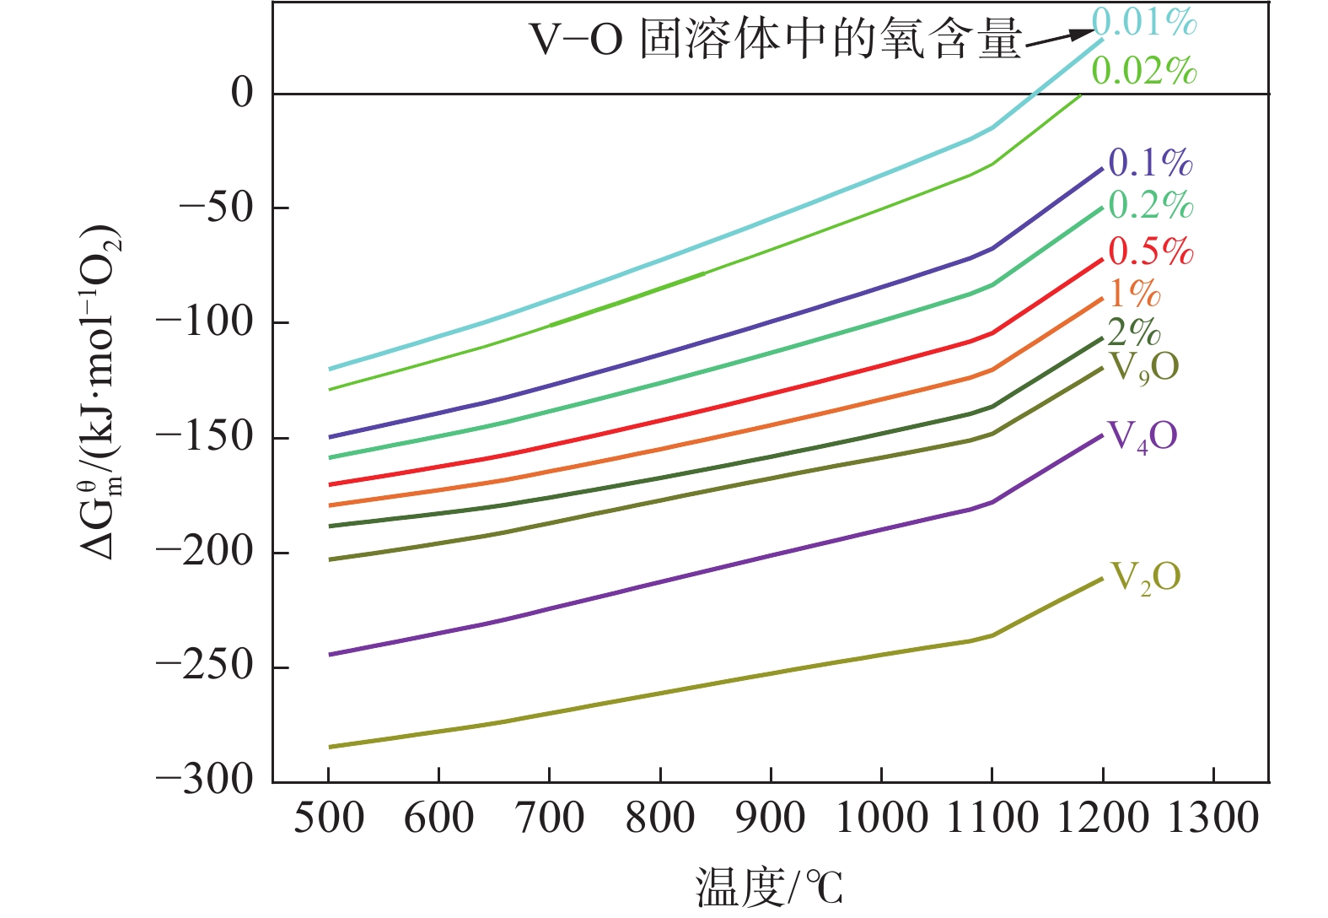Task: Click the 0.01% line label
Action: tap(1144, 23)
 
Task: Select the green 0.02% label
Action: tap(1144, 71)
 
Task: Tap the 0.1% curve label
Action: tap(1150, 162)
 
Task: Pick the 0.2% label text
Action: tap(1150, 205)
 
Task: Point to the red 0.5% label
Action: tap(1150, 251)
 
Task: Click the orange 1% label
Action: tap(1135, 293)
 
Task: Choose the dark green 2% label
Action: tap(1134, 332)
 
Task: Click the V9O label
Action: tap(1143, 367)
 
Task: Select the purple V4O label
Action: tap(1143, 436)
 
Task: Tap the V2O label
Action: tap(1145, 578)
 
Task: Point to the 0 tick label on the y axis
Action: tap(242, 93)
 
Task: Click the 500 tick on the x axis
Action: tap(329, 818)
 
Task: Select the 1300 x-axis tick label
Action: tap(1212, 818)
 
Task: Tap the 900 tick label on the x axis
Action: tap(771, 818)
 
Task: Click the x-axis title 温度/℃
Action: tap(769, 888)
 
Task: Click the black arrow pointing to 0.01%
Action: tap(1059, 37)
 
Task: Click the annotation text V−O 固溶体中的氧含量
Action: tap(775, 40)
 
